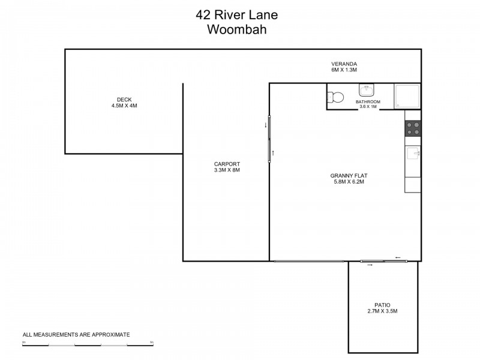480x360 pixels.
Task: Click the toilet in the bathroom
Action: [x=335, y=97]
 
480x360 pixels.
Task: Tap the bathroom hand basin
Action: [x=367, y=90]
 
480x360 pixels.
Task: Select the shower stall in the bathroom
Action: [x=407, y=96]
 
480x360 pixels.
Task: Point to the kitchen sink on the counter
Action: [x=413, y=155]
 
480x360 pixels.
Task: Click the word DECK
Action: [x=124, y=100]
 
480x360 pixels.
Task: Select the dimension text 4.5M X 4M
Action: [x=124, y=106]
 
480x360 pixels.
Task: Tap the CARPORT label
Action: [x=227, y=164]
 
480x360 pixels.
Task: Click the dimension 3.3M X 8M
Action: [x=227, y=170]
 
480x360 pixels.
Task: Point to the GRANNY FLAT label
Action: [x=349, y=176]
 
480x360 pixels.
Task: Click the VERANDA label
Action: [x=344, y=64]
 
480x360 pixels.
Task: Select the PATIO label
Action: [x=382, y=305]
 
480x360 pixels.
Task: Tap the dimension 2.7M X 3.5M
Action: [x=382, y=311]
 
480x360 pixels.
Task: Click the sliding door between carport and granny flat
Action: [x=269, y=139]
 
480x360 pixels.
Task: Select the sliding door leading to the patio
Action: [x=384, y=261]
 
